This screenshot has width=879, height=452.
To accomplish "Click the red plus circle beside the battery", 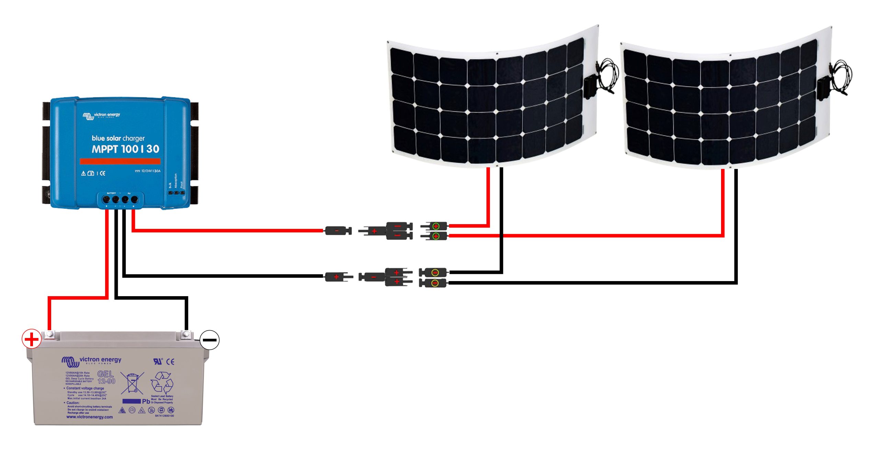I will point(32,339).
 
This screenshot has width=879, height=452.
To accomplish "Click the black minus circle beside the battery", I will point(209,340).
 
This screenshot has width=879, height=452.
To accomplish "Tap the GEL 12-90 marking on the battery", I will point(106,377).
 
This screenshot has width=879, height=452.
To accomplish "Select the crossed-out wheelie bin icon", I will point(132,383).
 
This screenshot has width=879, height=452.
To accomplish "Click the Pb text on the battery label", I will point(146,401).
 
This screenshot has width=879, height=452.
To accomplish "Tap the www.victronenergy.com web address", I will point(90,417).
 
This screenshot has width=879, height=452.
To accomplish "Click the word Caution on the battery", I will point(73,403).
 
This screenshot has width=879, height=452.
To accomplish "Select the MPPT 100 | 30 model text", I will point(125,149).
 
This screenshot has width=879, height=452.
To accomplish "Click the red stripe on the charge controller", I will point(120,161).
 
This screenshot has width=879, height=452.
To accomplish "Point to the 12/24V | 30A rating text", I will point(150,171).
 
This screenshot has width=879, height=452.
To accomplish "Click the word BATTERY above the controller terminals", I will point(111,193).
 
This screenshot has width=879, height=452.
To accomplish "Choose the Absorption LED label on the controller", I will point(176,181).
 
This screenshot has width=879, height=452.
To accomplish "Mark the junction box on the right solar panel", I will point(823,89).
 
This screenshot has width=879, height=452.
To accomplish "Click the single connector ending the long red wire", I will point(338,231).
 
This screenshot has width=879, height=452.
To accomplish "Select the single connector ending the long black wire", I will point(339,277).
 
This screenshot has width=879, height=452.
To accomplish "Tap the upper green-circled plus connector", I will point(435,226).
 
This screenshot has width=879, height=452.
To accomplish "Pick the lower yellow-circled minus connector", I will point(434,283).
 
